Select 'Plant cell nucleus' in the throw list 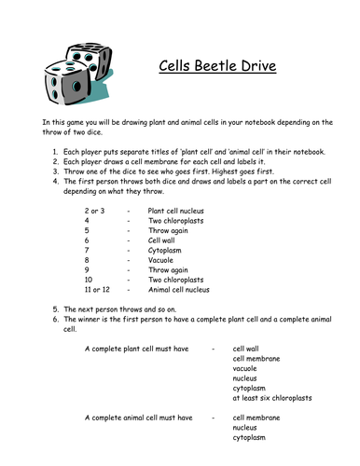(x=178, y=212)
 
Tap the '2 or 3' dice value (x=94, y=212)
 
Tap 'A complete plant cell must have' (x=135, y=348)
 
